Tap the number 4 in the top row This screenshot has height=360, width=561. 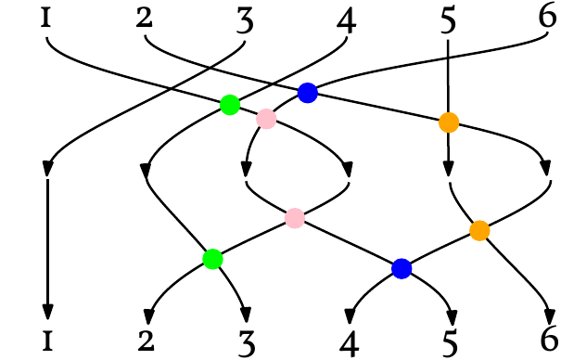coord(347,20)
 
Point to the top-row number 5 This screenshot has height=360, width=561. coord(448,20)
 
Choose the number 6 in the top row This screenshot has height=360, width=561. coord(549,19)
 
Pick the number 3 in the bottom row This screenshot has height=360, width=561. coord(248,341)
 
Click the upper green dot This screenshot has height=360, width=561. coord(230,105)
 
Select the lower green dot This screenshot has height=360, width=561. coord(212,259)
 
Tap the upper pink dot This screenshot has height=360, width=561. coord(267,119)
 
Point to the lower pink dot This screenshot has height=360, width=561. coord(295,218)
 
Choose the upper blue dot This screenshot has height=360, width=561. coord(308,92)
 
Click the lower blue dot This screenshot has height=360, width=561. coord(402,268)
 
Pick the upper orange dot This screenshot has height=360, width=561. coord(448,122)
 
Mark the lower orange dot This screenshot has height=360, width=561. coord(479,231)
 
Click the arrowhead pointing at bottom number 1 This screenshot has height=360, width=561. coord(45,311)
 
